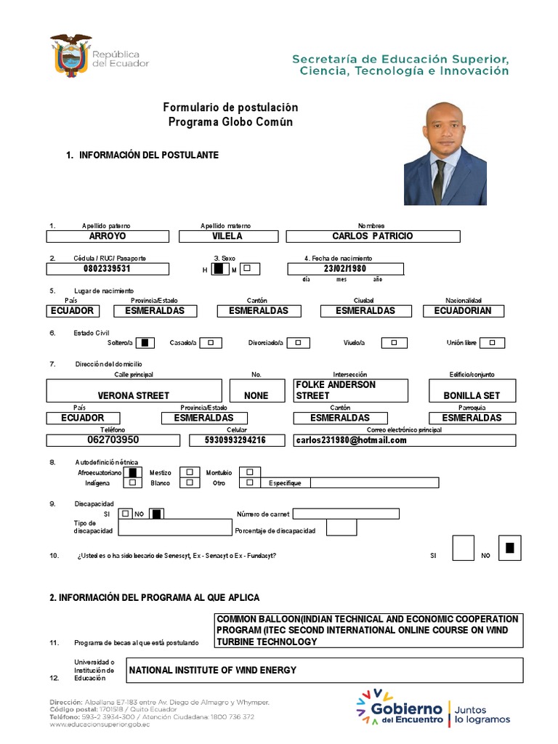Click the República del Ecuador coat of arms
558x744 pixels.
[x=70, y=55]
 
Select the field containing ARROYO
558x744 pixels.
[x=108, y=236]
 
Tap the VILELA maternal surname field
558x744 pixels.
[x=227, y=236]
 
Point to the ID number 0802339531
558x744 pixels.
[x=108, y=269]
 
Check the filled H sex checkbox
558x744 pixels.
[x=219, y=269]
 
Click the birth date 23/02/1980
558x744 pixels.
[x=345, y=269]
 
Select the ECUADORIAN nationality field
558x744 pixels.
[x=463, y=311]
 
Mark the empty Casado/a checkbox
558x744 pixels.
[x=211, y=343]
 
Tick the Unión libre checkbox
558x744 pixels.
[x=492, y=343]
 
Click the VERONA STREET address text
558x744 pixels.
[x=133, y=396]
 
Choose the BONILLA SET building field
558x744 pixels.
[x=472, y=396]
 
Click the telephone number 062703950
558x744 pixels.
[x=108, y=440]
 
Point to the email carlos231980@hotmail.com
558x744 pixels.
[x=351, y=440]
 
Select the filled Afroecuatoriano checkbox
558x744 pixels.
[x=132, y=472]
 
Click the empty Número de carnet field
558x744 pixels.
[x=346, y=514]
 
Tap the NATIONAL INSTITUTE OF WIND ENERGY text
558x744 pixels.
[x=213, y=670]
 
